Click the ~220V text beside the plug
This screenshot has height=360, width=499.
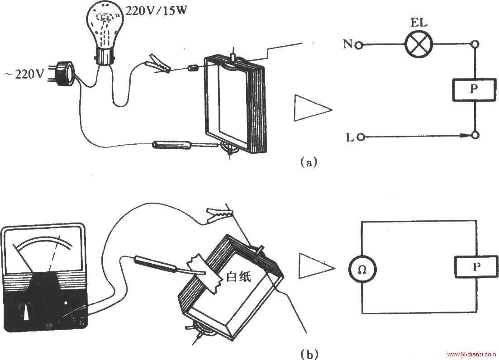(x=24, y=75)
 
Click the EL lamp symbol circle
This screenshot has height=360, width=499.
(x=419, y=44)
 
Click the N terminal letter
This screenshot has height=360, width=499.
(x=347, y=44)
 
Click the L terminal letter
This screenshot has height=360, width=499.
(x=349, y=137)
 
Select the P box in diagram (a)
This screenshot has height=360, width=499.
(x=474, y=90)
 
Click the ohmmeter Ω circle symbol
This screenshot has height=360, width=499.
(x=362, y=270)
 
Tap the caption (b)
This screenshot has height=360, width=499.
(x=309, y=354)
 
